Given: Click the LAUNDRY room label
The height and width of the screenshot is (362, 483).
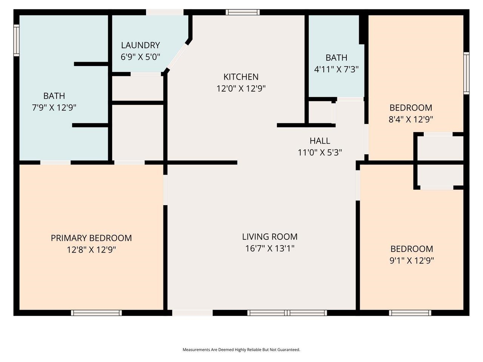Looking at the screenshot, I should point(140,45).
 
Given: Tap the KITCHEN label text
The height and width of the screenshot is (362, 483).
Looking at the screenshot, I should point(241,77).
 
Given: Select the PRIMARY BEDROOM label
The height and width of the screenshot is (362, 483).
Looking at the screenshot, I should point(91,238).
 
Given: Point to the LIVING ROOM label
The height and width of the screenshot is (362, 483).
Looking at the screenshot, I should point(269,237).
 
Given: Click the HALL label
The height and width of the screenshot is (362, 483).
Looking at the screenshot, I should point(320,141).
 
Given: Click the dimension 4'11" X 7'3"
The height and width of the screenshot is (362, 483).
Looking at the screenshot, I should point(336,69).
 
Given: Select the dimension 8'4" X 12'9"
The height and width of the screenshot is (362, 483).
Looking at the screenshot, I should point(411,120).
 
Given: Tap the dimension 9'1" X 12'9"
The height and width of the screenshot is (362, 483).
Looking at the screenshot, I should point(411,261).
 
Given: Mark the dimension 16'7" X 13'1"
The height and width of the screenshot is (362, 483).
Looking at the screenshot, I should point(269,248).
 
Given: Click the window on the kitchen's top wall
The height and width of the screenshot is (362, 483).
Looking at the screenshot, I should point(243,12).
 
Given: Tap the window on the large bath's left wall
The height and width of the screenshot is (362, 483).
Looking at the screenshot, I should point(16,40).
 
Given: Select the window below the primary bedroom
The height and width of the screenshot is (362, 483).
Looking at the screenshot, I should point(96,313).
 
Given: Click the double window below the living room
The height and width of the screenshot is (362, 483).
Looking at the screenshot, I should point(287,313).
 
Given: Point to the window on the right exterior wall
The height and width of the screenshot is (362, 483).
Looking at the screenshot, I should point(466,73).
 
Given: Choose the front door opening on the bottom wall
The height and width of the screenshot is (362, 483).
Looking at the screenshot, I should point(192,313).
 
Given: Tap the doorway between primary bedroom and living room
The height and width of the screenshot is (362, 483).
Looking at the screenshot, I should point(165,190).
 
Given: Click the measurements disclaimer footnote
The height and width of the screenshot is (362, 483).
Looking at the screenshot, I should point(241,350).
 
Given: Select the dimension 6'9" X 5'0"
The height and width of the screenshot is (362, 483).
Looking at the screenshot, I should point(140,57).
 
